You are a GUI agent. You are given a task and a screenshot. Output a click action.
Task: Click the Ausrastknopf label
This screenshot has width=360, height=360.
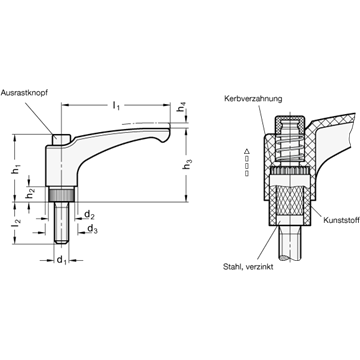point(24,93)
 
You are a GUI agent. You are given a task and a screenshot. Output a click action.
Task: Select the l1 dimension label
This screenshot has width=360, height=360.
point(116,106)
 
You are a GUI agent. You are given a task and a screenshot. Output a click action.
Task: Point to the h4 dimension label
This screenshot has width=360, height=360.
point(181,109)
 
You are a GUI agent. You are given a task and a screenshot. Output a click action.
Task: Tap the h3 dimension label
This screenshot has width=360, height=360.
point(188,164)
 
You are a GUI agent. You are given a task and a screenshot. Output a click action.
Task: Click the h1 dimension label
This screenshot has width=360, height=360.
point(15,170)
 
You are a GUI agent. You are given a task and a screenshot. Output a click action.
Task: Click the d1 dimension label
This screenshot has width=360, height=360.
point(61,260)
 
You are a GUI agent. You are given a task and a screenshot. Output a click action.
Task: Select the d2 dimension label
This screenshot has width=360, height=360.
point(89,216)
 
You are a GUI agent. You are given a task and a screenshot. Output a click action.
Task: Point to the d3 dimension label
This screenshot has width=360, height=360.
point(92,229)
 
